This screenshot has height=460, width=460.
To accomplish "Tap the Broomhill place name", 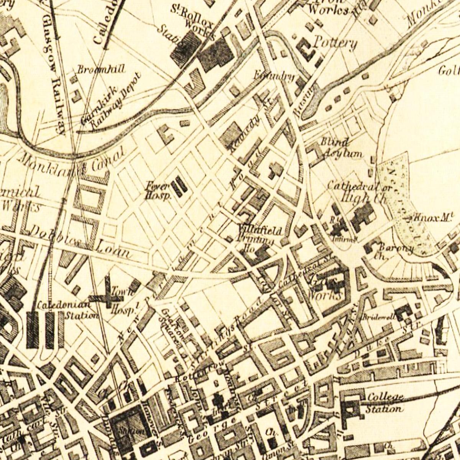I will click(x=95, y=69).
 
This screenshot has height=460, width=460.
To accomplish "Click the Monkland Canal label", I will click(x=73, y=161).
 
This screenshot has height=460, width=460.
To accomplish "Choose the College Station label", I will click(x=384, y=403).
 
